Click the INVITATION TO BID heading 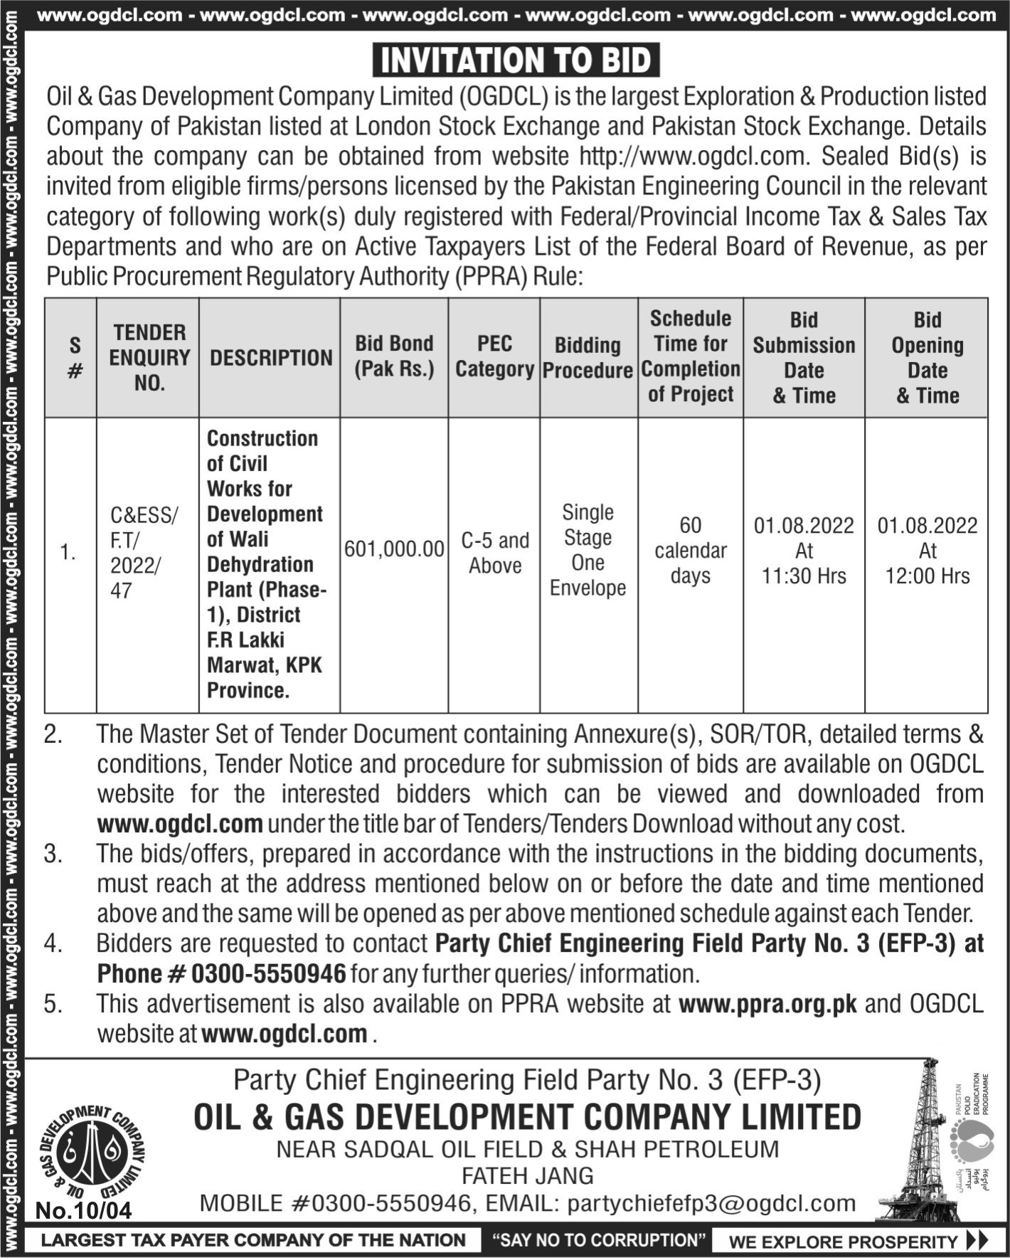coord(516,60)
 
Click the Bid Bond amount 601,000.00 coord(394,549)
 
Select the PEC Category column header coord(494,356)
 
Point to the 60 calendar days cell coord(690,550)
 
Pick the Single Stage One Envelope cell coord(588,550)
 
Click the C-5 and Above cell coord(495,553)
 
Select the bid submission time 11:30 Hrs coord(804,576)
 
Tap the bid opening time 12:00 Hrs coord(927,576)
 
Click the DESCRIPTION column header coord(271,357)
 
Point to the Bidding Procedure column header coord(588,358)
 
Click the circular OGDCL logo coord(92,1151)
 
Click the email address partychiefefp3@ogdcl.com coord(711,1203)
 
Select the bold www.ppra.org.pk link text coord(767,1004)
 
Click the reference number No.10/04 coord(83,1210)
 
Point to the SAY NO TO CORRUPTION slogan coord(599,1240)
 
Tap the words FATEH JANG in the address coord(527,1175)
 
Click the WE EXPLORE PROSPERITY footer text coord(843,1242)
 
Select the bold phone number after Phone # coord(268,973)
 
